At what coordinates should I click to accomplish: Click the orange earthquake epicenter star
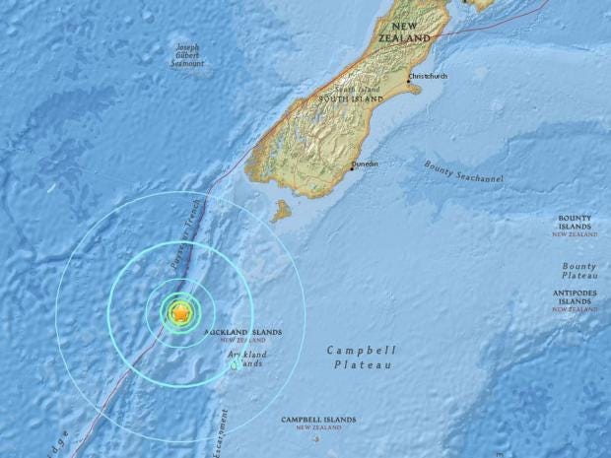coord(181,313)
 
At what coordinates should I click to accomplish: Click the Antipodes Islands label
coord(575,297)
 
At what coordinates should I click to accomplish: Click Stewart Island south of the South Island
coord(282,211)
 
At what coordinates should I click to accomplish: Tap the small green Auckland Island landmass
coord(235,364)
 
